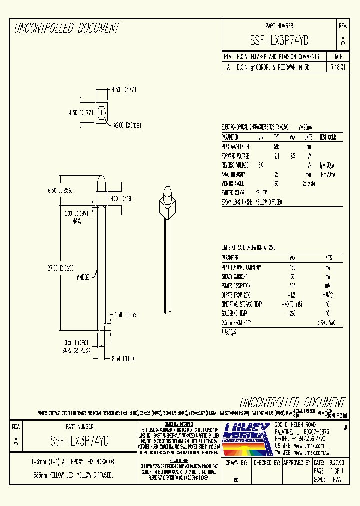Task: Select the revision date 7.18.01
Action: pyautogui.click(x=338, y=67)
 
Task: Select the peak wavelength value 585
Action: pyautogui.click(x=277, y=147)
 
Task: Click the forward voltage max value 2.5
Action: pyautogui.click(x=293, y=156)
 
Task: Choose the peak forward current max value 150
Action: pyautogui.click(x=293, y=267)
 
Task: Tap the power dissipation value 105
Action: pyautogui.click(x=293, y=286)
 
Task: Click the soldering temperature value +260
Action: pyautogui.click(x=292, y=314)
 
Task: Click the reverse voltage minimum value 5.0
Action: pyautogui.click(x=260, y=165)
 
